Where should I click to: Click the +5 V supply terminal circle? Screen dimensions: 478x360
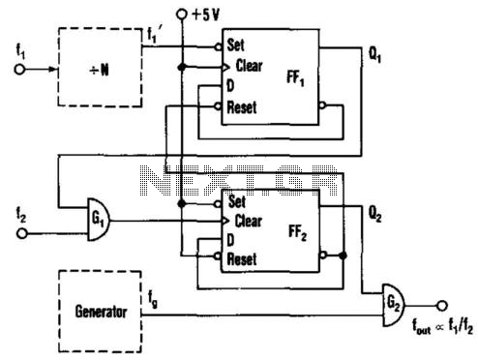[182, 15]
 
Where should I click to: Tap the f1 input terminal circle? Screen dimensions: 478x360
[19, 70]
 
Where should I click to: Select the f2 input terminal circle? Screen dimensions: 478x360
[22, 233]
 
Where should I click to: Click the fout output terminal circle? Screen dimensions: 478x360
[442, 305]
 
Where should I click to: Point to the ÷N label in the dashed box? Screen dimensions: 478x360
[100, 70]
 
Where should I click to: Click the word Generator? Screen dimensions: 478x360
[101, 312]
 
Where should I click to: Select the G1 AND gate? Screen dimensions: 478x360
[99, 220]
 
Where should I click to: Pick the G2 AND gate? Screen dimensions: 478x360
[394, 305]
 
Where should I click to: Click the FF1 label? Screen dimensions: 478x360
[295, 78]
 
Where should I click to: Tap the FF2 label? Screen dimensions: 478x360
[297, 233]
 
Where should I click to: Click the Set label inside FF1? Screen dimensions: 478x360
[236, 45]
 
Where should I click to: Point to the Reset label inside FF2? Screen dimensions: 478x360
[242, 258]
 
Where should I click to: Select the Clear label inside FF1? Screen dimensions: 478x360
[249, 66]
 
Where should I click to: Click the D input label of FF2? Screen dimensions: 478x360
[230, 240]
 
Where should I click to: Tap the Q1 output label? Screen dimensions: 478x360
[374, 55]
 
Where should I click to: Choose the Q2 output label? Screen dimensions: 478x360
[374, 214]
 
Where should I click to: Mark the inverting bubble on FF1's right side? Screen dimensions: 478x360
[322, 105]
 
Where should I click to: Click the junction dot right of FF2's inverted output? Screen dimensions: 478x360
[344, 255]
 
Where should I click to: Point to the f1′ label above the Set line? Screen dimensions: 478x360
[153, 34]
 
